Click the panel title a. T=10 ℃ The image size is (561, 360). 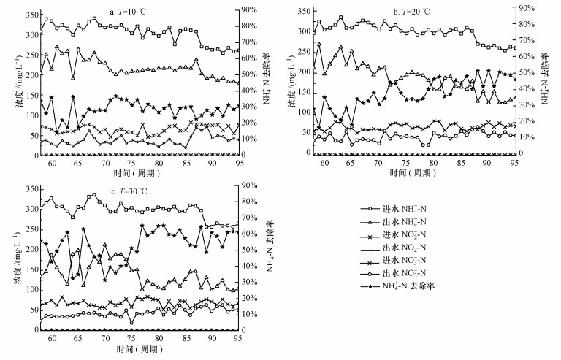(x=133, y=11)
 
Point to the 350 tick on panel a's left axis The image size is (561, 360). (x=29, y=15)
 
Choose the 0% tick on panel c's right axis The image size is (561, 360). (x=248, y=331)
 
